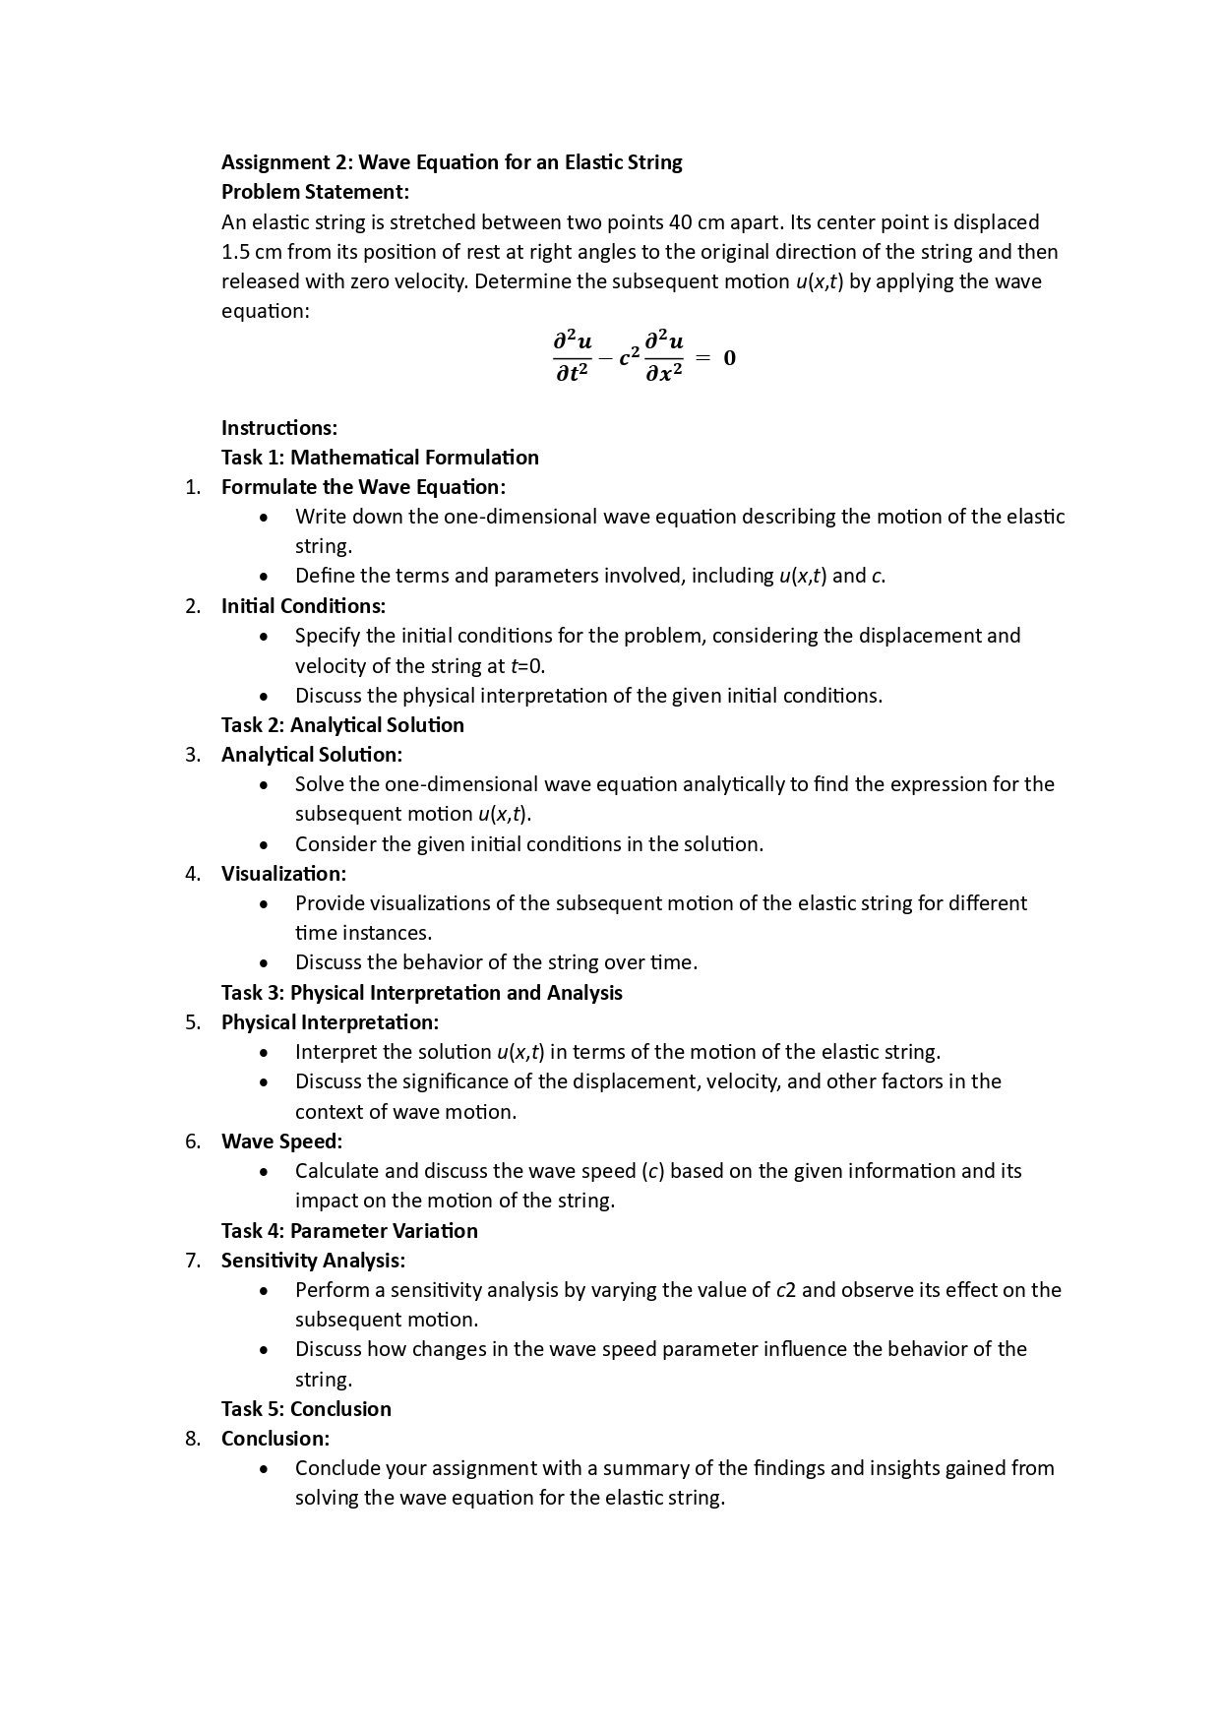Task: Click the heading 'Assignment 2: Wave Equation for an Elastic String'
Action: pyautogui.click(x=452, y=162)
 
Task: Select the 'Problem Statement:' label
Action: pyautogui.click(x=315, y=192)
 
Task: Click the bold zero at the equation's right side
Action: pyautogui.click(x=729, y=358)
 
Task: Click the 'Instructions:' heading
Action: pyautogui.click(x=279, y=428)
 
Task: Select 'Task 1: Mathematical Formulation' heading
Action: pyautogui.click(x=380, y=458)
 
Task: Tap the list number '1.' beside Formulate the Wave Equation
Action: pyautogui.click(x=193, y=487)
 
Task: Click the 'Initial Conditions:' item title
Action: pyautogui.click(x=303, y=606)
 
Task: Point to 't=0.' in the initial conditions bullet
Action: pyautogui.click(x=528, y=666)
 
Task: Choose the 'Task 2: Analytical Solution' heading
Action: pyautogui.click(x=342, y=725)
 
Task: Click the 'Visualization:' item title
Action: pyautogui.click(x=283, y=874)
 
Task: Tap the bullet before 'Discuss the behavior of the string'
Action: pyautogui.click(x=264, y=963)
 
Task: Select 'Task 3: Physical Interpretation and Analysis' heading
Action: pyautogui.click(x=421, y=993)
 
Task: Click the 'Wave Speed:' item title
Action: pyautogui.click(x=281, y=1141)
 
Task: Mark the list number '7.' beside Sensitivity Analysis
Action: pyautogui.click(x=193, y=1261)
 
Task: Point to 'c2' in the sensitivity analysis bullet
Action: pyautogui.click(x=785, y=1290)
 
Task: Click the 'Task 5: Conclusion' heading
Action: pyautogui.click(x=306, y=1409)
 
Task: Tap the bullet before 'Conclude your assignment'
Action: pyautogui.click(x=264, y=1469)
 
